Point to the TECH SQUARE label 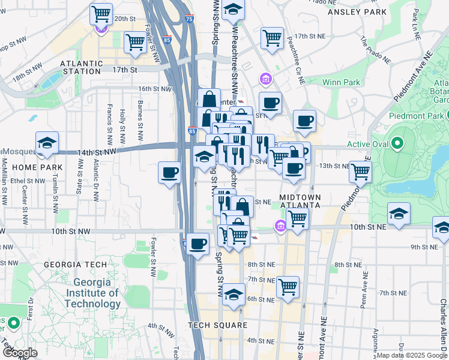pyautogui.click(x=217, y=325)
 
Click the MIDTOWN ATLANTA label pyautogui.click(x=301, y=201)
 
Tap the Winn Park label pyautogui.click(x=341, y=82)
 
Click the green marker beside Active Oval pyautogui.click(x=396, y=144)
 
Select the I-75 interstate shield pyautogui.click(x=190, y=19)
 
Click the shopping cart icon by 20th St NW pyautogui.click(x=101, y=13)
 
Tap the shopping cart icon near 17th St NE pyautogui.click(x=272, y=38)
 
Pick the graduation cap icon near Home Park pyautogui.click(x=47, y=143)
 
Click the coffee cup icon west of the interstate pyautogui.click(x=169, y=173)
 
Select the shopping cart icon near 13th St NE pyautogui.click(x=360, y=171)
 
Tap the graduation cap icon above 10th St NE pyautogui.click(x=399, y=214)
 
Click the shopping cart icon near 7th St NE pyautogui.click(x=288, y=286)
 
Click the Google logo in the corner pyautogui.click(x=20, y=353)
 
